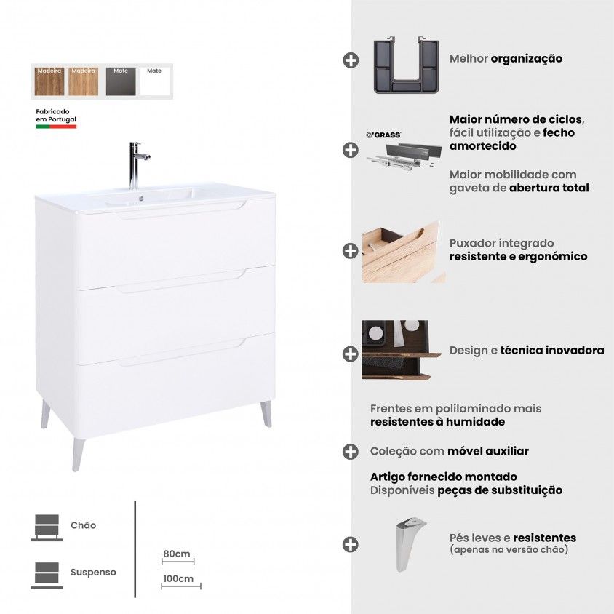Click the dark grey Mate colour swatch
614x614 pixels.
tap(121, 81)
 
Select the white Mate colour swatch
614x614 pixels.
tap(154, 81)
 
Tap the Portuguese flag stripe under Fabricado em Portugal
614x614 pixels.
tap(56, 127)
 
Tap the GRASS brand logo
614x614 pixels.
tap(383, 135)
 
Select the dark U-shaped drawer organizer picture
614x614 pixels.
tap(406, 65)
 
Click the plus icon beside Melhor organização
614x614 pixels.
tap(351, 60)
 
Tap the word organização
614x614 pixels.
tap(526, 59)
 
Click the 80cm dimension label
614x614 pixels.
tap(177, 554)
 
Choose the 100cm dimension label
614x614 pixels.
tap(178, 578)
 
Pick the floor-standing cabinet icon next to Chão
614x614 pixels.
tap(47, 528)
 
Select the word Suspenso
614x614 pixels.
tap(93, 572)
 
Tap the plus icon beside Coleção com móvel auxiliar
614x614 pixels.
tap(351, 452)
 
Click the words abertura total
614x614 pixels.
tap(549, 188)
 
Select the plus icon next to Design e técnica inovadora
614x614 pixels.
tap(351, 354)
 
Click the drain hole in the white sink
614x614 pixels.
tap(141, 199)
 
